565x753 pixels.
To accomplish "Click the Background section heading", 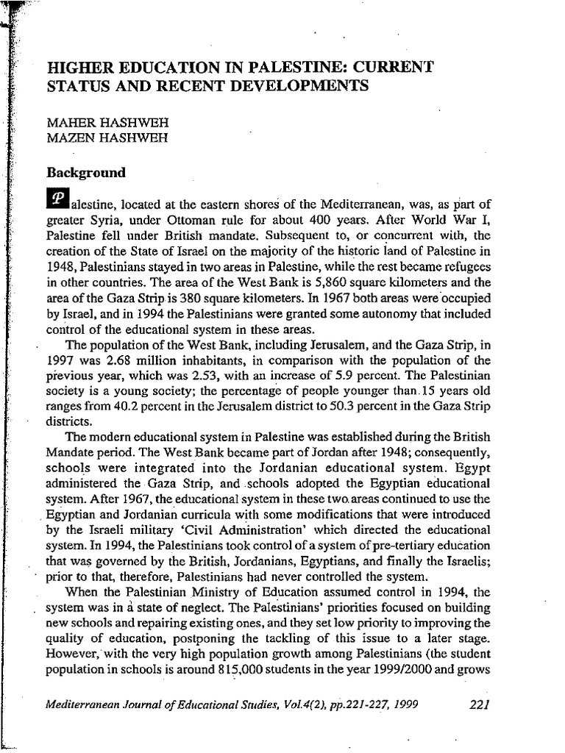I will click(86, 174).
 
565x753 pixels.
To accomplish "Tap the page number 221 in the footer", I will click(478, 704).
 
